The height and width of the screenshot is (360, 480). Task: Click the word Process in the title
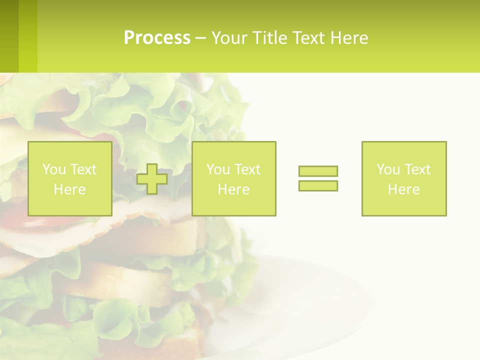(157, 37)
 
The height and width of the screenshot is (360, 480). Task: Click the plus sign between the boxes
(152, 179)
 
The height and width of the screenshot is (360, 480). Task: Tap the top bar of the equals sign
(318, 171)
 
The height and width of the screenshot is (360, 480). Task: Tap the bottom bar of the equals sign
(318, 185)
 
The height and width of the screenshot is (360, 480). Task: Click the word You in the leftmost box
(54, 169)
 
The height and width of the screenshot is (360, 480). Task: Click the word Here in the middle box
(233, 189)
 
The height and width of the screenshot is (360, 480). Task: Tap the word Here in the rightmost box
(403, 189)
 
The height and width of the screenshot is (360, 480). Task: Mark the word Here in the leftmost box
(69, 189)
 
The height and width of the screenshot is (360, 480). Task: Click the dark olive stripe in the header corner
(9, 36)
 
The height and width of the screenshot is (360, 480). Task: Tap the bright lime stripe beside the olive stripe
(28, 36)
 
